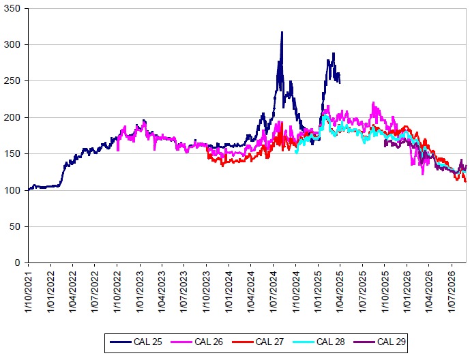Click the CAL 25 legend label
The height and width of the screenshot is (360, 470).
coord(148,342)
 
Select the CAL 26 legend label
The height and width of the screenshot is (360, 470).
coord(209,342)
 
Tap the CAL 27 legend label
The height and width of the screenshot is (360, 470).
coord(269,342)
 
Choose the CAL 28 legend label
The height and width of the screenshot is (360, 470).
coord(330,342)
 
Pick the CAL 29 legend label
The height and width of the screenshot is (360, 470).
coord(391,342)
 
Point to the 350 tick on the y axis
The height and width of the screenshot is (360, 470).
coord(12,8)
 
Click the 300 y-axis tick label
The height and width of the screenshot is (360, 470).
coord(12,44)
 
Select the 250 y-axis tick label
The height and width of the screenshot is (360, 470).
coord(12,81)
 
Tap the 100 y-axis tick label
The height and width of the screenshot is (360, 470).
coord(12,190)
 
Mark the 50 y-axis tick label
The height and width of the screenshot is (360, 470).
coord(15,226)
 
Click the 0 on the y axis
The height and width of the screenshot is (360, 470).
coord(17,262)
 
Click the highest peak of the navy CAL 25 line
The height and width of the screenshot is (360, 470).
coord(282,32)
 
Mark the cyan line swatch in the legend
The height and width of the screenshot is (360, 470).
coord(303,342)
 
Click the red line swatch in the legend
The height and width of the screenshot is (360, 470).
coord(242,342)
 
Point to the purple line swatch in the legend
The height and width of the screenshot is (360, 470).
coord(364,342)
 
